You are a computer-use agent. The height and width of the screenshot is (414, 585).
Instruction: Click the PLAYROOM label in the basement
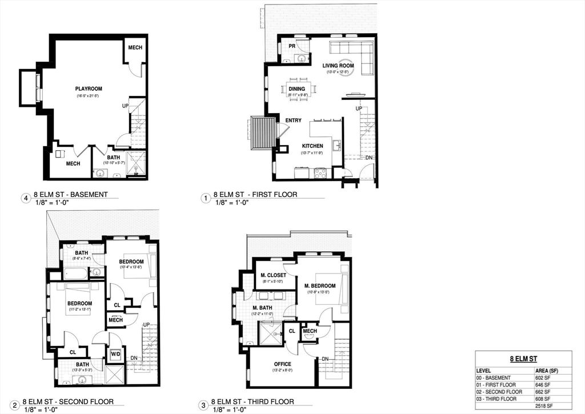pos(89,89)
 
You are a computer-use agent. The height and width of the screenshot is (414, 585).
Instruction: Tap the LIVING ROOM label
pos(338,66)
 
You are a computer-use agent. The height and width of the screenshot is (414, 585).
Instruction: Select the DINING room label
pos(296,89)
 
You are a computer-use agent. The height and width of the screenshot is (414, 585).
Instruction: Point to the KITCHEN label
pos(312,146)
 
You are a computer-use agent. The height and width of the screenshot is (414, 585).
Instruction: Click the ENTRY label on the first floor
pos(293,120)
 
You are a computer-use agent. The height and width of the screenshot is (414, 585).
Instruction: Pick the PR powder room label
pos(291,46)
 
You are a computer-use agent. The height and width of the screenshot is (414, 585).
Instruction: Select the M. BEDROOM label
pos(319,286)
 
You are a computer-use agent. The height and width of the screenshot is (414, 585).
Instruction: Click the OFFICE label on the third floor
pos(282,364)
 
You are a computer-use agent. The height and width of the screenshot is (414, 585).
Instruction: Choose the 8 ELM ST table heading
pos(523,359)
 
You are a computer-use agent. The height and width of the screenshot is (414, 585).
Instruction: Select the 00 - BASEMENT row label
pos(495,378)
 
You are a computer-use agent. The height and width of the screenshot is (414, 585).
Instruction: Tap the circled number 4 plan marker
pos(25,198)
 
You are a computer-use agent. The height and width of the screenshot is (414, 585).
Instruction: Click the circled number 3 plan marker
pos(203,405)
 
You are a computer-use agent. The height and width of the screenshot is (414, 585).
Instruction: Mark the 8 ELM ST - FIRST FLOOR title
pos(255,194)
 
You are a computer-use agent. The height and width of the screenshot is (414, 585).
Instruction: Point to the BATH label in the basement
pos(113,157)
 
